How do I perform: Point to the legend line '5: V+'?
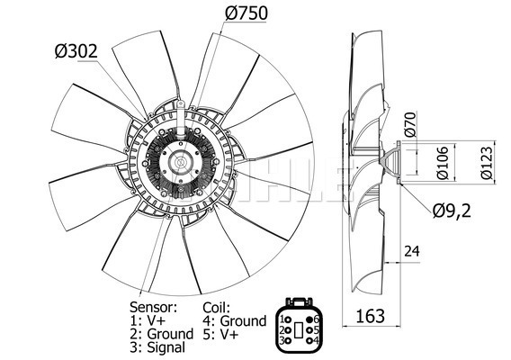(222, 333)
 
